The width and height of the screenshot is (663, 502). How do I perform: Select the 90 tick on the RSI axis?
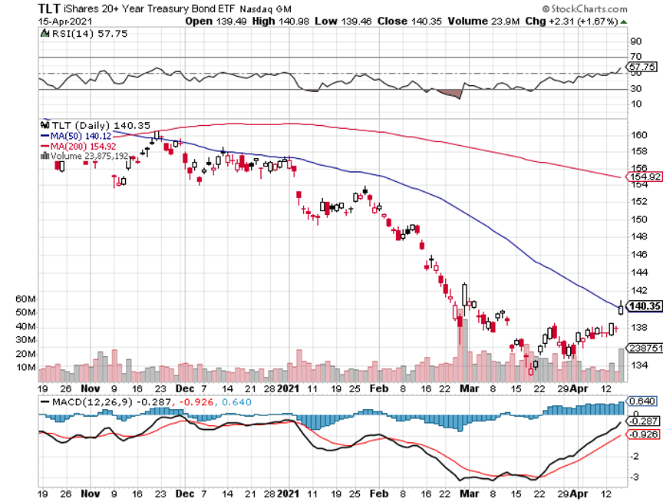(x=635, y=41)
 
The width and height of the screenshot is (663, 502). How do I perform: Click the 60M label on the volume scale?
(x=48, y=299)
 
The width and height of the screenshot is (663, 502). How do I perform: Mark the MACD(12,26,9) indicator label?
(x=91, y=401)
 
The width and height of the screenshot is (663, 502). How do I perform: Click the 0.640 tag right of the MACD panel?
(x=642, y=401)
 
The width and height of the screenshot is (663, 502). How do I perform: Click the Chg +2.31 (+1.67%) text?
(x=568, y=21)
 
